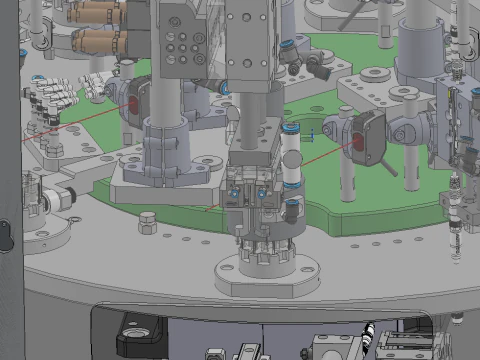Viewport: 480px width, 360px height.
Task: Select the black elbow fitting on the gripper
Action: tap(292, 211)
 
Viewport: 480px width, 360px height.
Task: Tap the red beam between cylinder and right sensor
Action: tap(320, 156)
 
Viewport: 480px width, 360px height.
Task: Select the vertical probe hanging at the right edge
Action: tap(458, 215)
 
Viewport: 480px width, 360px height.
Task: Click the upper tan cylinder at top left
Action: tap(97, 12)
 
